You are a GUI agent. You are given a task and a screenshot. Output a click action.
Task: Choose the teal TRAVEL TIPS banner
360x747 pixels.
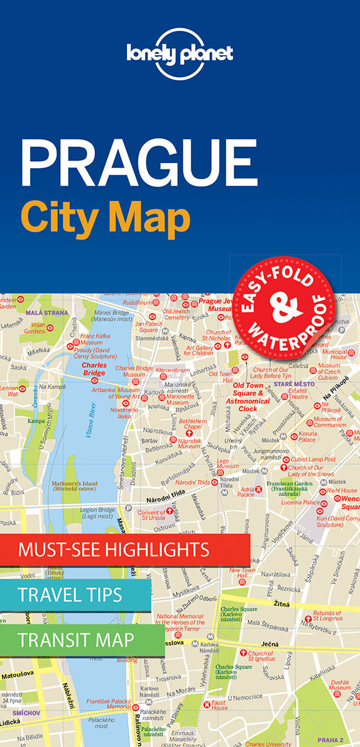pos(70,594)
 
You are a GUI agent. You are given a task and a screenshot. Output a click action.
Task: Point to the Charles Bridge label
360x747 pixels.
pos(94,368)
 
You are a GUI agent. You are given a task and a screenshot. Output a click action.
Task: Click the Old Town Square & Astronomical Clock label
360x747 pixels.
pos(248,397)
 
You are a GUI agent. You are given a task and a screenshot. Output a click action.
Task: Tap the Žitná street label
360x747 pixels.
pos(280,604)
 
